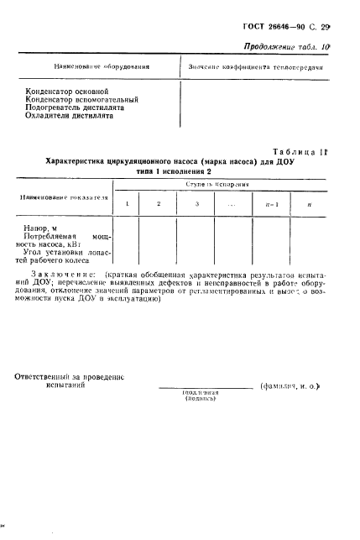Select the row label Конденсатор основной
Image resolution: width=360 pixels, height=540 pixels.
69,90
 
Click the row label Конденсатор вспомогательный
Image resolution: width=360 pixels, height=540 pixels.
82,99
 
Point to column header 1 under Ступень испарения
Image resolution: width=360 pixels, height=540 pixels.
126,205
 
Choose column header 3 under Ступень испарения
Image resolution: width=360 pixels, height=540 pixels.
196,205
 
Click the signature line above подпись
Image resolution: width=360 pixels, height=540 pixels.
205,389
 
